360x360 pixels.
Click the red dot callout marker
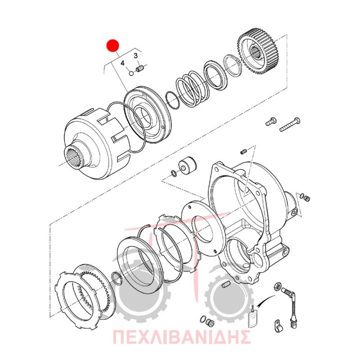[x=112, y=45]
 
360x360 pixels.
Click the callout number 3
[x=136, y=56]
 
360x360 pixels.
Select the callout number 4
[x=122, y=63]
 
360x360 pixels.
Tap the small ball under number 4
[x=131, y=73]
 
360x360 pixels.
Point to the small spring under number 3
[x=140, y=69]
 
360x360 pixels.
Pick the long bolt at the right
[x=290, y=124]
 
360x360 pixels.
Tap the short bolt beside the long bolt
[x=271, y=121]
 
